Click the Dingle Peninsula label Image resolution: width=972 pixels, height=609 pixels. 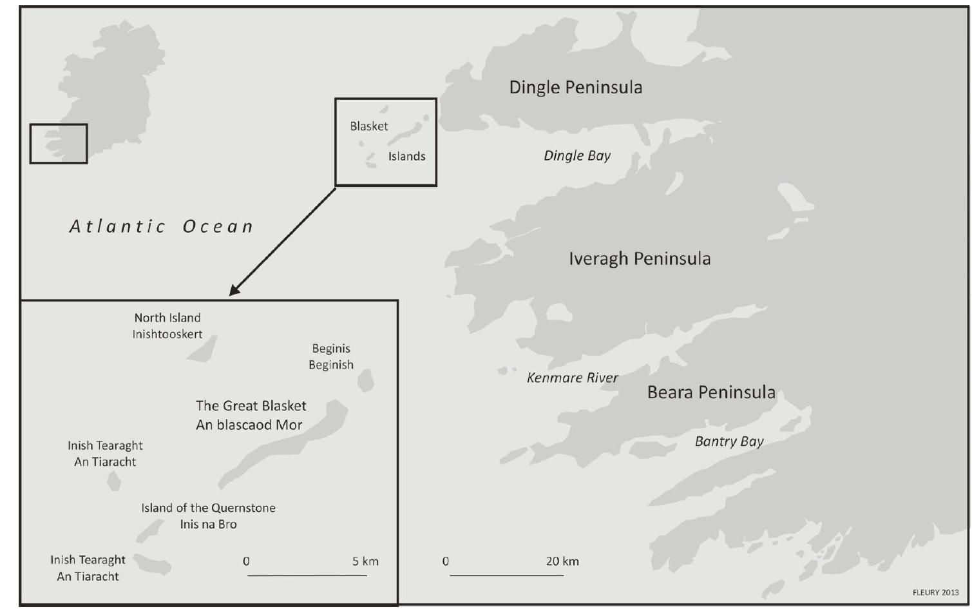point(575,88)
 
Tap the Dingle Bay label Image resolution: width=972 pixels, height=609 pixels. point(577,156)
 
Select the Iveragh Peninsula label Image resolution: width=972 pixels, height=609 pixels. point(640,259)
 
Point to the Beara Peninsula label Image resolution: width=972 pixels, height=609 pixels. point(711,392)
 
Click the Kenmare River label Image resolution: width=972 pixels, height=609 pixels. point(572,378)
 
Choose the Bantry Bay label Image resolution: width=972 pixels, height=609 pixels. point(729,441)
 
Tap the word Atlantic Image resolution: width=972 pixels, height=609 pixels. point(117,227)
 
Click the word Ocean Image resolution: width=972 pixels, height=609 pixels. point(218,227)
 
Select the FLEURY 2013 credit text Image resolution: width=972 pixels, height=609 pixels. point(935,593)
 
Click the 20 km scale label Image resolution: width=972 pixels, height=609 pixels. point(562,561)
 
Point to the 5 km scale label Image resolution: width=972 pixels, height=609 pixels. point(365,561)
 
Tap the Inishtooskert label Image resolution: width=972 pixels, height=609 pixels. point(167,334)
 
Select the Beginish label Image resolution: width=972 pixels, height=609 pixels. point(331,365)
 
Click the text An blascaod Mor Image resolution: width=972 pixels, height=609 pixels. point(249,425)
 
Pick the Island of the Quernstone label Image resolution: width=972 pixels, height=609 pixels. point(208,508)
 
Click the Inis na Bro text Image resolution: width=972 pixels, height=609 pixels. point(208,525)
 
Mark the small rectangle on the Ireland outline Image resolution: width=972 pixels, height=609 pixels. point(59,144)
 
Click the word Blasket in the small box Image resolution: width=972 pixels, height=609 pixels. point(369,126)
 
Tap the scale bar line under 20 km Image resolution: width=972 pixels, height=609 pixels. point(506,575)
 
